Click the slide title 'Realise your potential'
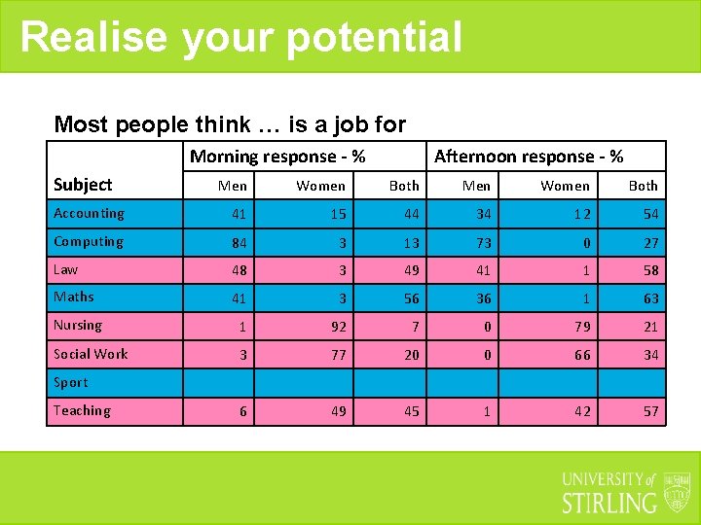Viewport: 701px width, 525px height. (240, 37)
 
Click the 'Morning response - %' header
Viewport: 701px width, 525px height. (277, 157)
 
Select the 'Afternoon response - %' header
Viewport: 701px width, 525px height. (529, 157)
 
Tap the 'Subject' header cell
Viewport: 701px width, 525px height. (83, 185)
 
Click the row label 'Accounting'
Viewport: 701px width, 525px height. (89, 214)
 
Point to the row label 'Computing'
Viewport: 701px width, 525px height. (89, 242)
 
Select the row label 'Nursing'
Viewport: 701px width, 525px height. (78, 326)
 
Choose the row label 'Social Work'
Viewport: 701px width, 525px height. (91, 354)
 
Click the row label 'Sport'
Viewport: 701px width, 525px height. (71, 383)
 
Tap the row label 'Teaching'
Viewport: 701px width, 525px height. (82, 411)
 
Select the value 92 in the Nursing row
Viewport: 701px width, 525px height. (337, 327)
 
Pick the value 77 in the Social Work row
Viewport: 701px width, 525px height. (337, 355)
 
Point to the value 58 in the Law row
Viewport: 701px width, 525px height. (650, 270)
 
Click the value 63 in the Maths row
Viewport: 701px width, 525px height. (650, 298)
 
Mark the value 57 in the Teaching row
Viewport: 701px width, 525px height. (650, 412)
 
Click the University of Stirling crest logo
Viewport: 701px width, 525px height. (677, 492)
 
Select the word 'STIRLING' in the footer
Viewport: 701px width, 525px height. (609, 502)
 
